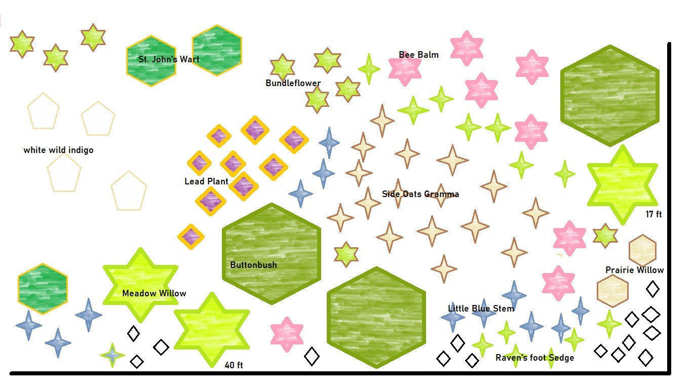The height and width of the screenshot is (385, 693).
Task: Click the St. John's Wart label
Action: tap(169, 59)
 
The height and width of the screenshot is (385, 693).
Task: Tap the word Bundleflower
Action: tap(293, 83)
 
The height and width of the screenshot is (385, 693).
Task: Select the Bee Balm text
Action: tap(418, 55)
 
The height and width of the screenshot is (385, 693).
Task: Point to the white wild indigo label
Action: tap(58, 150)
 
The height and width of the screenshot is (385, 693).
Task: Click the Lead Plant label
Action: tap(206, 181)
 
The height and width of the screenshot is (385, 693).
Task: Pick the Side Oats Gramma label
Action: tap(420, 194)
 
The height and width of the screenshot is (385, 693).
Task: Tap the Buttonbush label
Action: tap(253, 265)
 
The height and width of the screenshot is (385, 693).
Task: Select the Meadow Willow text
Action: tap(154, 293)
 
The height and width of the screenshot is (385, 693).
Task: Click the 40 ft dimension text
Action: tap(234, 365)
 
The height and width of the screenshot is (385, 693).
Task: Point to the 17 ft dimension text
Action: tap(653, 214)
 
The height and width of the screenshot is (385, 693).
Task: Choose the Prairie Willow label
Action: tap(634, 270)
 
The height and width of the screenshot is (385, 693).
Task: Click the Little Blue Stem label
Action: tap(481, 309)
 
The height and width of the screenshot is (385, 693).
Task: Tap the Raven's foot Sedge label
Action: tap(534, 358)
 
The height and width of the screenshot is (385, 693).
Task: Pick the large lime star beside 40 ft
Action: tap(211, 329)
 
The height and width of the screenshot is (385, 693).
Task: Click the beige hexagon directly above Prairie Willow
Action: tap(642, 250)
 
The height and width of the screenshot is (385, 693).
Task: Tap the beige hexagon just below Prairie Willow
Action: tap(612, 291)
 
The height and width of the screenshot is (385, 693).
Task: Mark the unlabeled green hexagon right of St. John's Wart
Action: tap(217, 50)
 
